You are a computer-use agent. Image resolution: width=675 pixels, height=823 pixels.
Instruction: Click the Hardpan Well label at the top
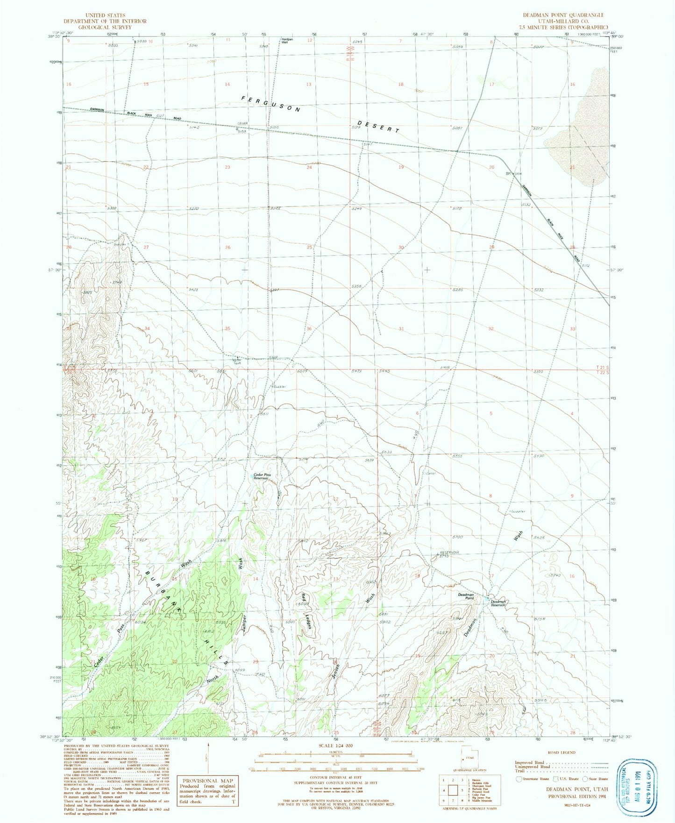(x=287, y=41)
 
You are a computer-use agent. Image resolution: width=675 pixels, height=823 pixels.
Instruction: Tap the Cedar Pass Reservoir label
(x=262, y=476)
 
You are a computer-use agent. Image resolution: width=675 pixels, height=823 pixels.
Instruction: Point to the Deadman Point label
(x=466, y=596)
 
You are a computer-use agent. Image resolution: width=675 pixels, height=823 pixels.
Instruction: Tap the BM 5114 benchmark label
(x=513, y=174)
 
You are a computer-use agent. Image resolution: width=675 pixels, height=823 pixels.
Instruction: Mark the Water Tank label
(x=237, y=361)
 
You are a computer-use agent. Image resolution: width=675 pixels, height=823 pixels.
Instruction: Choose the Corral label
(x=431, y=474)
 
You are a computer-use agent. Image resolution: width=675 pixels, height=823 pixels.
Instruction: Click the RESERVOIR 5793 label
(x=448, y=553)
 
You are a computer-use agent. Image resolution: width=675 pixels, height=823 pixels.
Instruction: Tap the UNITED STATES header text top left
(x=105, y=15)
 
